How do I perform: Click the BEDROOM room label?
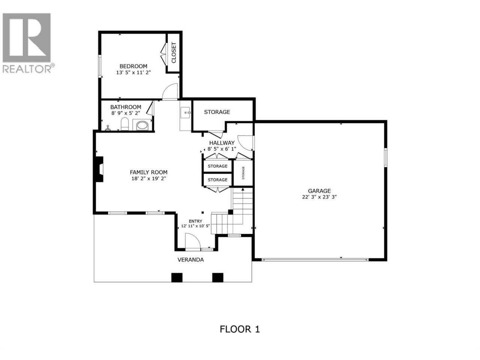coord(133,66)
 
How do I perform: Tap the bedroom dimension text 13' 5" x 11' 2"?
coord(133,73)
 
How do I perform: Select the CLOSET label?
coord(174,52)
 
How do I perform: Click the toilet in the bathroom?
coord(124,124)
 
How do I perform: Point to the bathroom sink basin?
coord(142,126)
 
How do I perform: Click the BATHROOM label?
coord(126,107)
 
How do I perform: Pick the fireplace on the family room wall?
coord(99,169)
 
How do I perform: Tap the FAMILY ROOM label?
coord(148,172)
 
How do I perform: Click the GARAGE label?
coord(319,191)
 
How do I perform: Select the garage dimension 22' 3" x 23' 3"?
coord(319,197)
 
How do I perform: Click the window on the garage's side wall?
coord(385,157)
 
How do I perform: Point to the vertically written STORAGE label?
coord(243,173)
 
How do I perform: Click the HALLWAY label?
coord(222,143)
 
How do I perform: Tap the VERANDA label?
coord(190,259)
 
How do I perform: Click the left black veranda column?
coord(177,277)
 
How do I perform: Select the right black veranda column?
coord(217,277)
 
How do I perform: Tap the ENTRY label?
coord(195,221)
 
